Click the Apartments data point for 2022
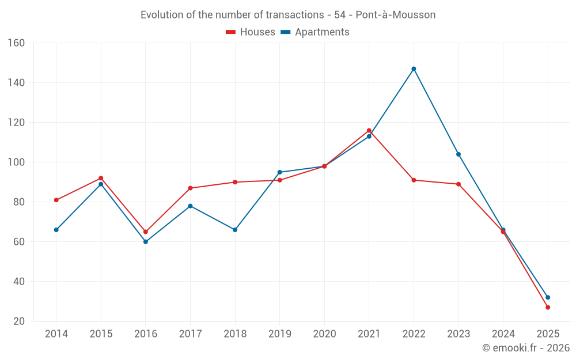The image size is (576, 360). point(414,69)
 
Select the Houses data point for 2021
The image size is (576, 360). point(369,130)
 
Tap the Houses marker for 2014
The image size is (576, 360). point(56,200)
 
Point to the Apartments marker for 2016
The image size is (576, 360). point(146,242)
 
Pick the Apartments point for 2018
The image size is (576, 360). point(235,230)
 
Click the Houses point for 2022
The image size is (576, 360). point(414,180)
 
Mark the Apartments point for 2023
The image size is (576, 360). point(458,154)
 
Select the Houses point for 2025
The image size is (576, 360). point(548,307)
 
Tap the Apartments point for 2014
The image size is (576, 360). point(56,230)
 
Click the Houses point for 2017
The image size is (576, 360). point(190,188)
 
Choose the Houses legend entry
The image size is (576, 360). point(251,32)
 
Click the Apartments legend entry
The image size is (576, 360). point(315,32)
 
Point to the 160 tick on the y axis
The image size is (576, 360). point(16,43)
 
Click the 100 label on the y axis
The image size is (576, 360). point(16,162)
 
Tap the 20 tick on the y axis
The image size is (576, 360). point(19,321)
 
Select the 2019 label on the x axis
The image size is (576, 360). point(279,334)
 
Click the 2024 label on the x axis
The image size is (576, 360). point(503,334)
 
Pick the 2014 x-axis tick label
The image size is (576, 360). point(56,334)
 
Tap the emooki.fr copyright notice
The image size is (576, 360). point(526,348)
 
